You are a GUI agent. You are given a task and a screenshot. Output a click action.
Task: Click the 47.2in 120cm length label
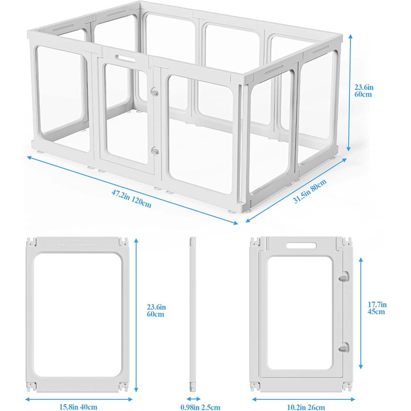click(x=132, y=198)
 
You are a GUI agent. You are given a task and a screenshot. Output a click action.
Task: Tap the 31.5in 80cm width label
click(x=309, y=191)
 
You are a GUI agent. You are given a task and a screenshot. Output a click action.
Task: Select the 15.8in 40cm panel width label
click(x=78, y=407)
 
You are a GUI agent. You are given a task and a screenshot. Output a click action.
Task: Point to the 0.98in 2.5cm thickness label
click(x=200, y=407)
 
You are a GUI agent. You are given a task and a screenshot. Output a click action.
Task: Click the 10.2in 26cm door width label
click(x=306, y=407)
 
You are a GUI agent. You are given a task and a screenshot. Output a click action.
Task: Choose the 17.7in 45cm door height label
click(x=377, y=308)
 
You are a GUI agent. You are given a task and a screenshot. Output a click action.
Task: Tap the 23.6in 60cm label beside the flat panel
click(x=156, y=311)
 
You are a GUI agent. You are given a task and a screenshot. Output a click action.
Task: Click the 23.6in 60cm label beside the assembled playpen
click(x=364, y=90)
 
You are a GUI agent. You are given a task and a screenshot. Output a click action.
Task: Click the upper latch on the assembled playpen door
click(x=154, y=92)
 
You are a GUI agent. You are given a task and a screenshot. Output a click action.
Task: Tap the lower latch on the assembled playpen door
click(x=155, y=151)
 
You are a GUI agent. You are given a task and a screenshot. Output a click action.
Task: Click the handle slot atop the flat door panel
click(x=301, y=245)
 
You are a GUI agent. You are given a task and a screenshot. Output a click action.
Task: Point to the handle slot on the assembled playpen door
click(x=125, y=58)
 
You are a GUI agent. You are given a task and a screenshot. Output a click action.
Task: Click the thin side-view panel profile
click(x=193, y=315)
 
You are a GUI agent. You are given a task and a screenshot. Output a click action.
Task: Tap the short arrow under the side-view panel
click(x=194, y=399)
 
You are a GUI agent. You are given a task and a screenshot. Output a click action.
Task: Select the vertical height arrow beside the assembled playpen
click(x=349, y=93)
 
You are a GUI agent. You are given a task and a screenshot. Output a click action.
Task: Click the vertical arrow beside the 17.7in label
click(x=361, y=313)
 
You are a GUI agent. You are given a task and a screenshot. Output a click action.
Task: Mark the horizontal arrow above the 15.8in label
click(x=79, y=399)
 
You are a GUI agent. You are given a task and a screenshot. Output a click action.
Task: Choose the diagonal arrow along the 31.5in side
click(x=296, y=191)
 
